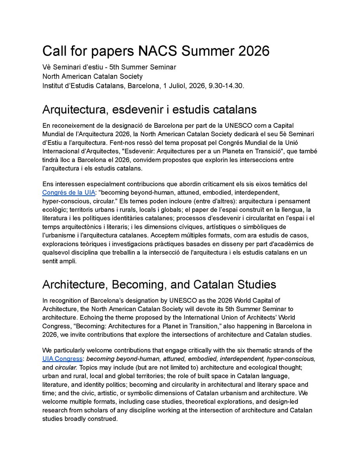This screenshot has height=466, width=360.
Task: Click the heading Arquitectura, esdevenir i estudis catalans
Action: click(x=149, y=110)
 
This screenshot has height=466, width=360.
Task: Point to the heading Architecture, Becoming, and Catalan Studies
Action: click(x=159, y=284)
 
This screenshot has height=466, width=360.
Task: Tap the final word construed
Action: click(x=103, y=419)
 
